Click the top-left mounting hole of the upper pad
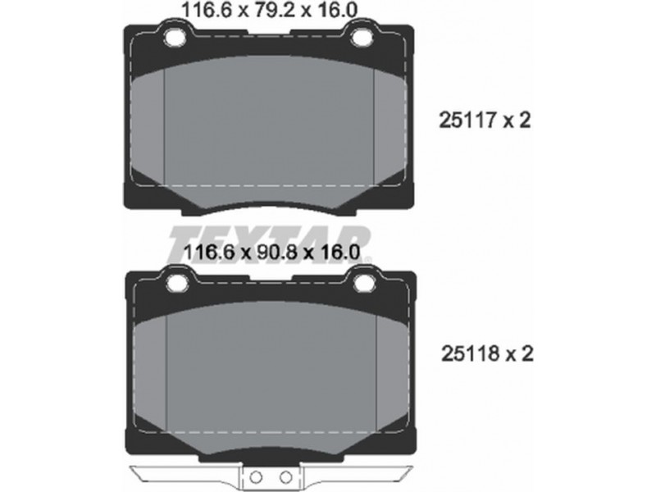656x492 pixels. coord(175,38)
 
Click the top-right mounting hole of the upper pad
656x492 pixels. coord(362,38)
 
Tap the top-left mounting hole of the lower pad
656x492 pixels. coord(177,283)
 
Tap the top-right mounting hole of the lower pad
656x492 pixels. coord(363,283)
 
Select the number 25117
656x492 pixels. coord(467,121)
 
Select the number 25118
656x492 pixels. coord(470,355)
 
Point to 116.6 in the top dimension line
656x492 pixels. coord(206,11)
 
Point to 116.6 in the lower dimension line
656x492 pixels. coord(208,253)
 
